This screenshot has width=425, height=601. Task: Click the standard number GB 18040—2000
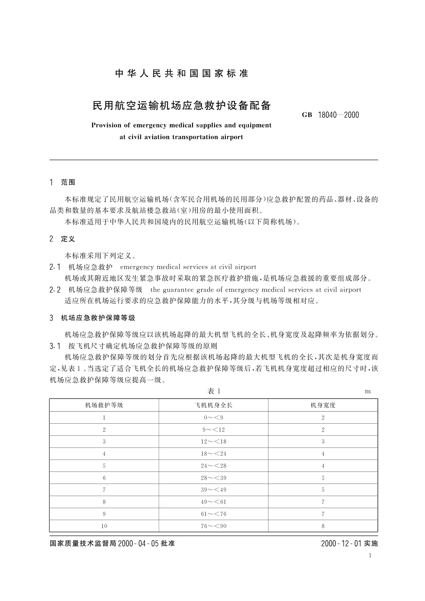[x=330, y=115]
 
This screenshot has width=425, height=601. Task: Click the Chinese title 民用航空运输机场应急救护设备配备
[x=182, y=106]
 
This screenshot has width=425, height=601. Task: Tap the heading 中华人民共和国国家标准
[x=182, y=74]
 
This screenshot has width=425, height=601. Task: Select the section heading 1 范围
[x=62, y=182]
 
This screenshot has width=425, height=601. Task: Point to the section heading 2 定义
[x=62, y=239]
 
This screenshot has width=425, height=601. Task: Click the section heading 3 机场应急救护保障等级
[x=92, y=318]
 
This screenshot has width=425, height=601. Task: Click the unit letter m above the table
[x=368, y=392]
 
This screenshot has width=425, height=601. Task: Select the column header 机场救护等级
[x=104, y=405]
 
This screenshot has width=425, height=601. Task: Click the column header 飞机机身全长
[x=213, y=405]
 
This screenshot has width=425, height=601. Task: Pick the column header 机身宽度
[x=323, y=405]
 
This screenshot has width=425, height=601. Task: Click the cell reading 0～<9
[x=213, y=418]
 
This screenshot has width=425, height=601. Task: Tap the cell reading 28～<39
[x=213, y=478]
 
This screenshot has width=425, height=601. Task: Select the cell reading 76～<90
[x=213, y=526]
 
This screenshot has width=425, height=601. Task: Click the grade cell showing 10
[x=104, y=526]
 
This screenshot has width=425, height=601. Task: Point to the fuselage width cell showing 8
[x=323, y=526]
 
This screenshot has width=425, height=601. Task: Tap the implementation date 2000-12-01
[x=341, y=544]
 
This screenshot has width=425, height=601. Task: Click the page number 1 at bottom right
[x=370, y=555]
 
